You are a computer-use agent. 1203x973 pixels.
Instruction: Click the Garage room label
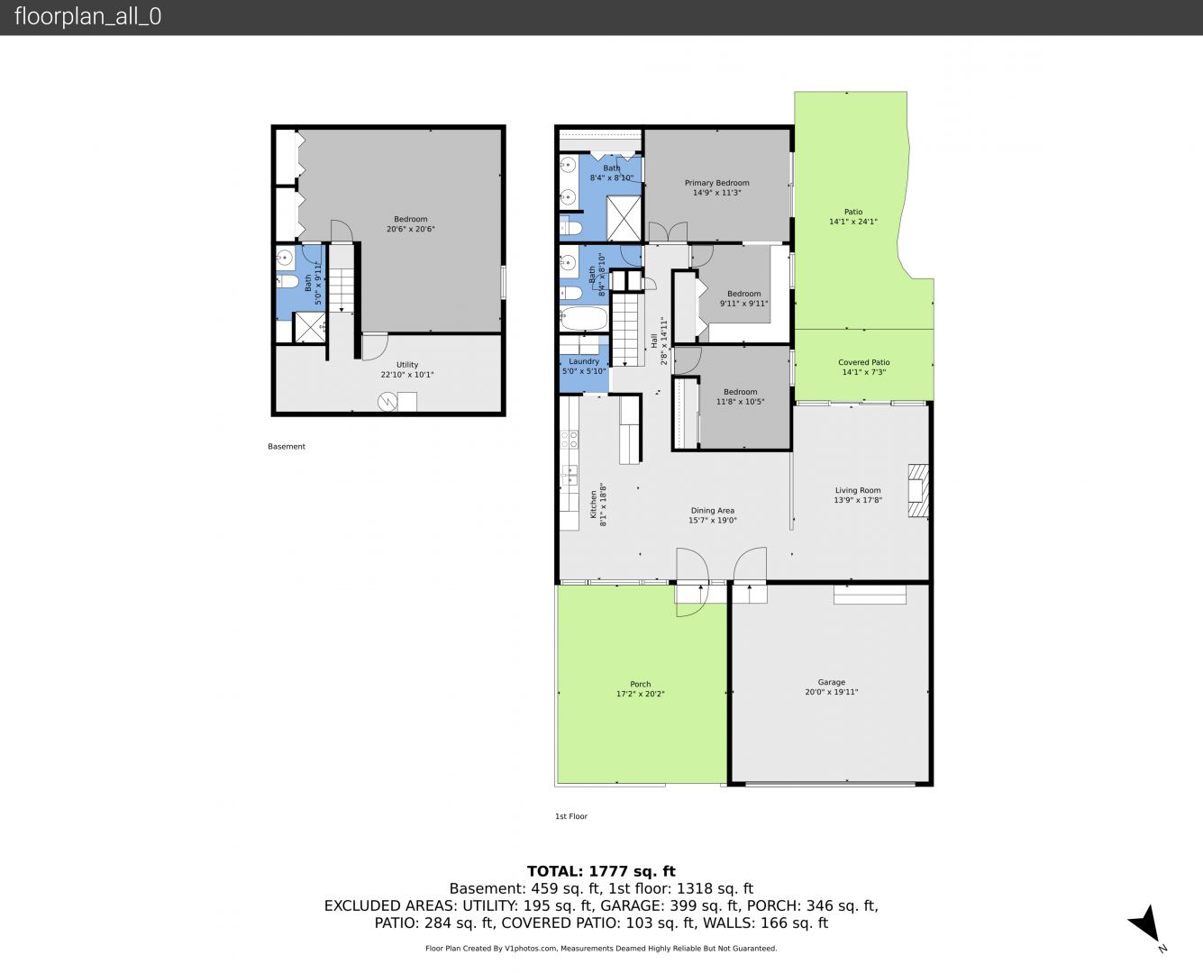[832, 682]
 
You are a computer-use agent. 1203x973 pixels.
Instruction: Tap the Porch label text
[641, 684]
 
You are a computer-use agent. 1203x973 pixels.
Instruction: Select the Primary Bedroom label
[716, 183]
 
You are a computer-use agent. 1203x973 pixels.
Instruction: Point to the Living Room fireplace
[917, 490]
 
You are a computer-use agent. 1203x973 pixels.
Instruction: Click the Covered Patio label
[863, 362]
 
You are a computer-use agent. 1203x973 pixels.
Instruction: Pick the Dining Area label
[712, 511]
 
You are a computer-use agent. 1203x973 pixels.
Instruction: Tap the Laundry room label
[584, 361]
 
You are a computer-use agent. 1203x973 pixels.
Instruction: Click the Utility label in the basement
[407, 365]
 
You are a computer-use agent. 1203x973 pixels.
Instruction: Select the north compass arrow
[1146, 923]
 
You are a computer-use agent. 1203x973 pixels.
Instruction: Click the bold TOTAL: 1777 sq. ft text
[601, 871]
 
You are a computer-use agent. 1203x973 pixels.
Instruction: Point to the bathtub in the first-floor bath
[583, 319]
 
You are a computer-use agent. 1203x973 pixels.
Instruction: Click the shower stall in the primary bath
[624, 218]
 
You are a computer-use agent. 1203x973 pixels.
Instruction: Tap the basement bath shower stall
[310, 327]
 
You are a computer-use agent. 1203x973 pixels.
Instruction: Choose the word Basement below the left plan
[287, 447]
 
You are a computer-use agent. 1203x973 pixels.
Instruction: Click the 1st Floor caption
[571, 816]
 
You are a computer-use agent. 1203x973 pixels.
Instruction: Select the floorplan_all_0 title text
[88, 16]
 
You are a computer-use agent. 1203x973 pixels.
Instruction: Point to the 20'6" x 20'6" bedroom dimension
[411, 229]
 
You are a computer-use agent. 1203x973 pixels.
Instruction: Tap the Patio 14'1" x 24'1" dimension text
[852, 222]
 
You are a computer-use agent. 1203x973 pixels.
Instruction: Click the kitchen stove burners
[570, 440]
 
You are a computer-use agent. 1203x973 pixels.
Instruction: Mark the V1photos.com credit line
[601, 948]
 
